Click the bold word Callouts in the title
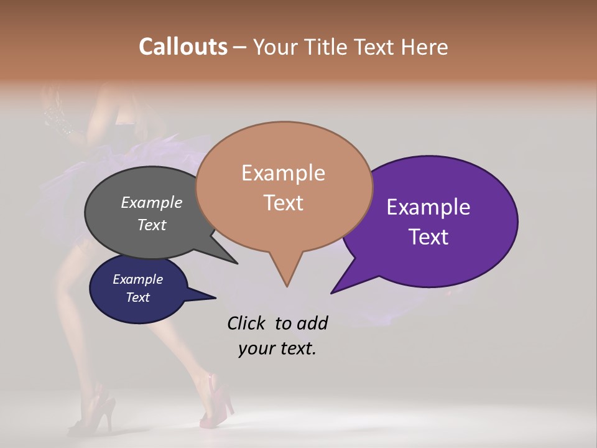click(x=183, y=47)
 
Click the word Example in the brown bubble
click(x=283, y=173)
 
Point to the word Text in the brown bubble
click(x=283, y=203)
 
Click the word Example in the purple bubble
click(x=428, y=207)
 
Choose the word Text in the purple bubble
click(x=428, y=237)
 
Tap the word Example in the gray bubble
click(x=152, y=202)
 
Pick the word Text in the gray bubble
click(x=152, y=225)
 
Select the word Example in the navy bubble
click(x=137, y=279)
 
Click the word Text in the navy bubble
click(x=137, y=297)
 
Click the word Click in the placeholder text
click(x=246, y=323)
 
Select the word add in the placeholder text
click(x=312, y=323)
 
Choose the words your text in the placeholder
click(x=277, y=348)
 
